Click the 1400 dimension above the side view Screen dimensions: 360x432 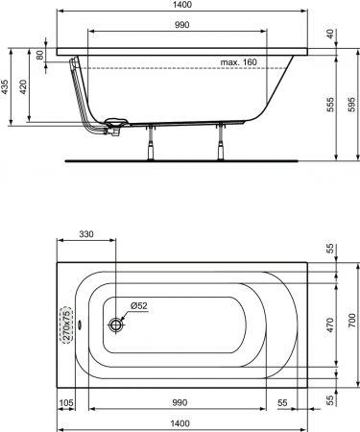pyautogui.click(x=182, y=5)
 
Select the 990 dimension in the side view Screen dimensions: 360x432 pyautogui.click(x=181, y=25)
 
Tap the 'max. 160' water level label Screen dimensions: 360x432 pyautogui.click(x=238, y=62)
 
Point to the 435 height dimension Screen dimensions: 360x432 pyautogui.click(x=6, y=86)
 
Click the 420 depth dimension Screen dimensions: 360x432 pyautogui.click(x=23, y=86)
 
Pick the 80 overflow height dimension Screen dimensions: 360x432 pyautogui.click(x=39, y=55)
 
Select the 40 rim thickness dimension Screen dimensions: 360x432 pyautogui.click(x=330, y=34)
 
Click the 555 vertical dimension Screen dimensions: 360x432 pyautogui.click(x=330, y=105)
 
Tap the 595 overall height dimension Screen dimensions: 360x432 pyautogui.click(x=351, y=105)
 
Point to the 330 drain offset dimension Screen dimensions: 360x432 pyautogui.click(x=86, y=234)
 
